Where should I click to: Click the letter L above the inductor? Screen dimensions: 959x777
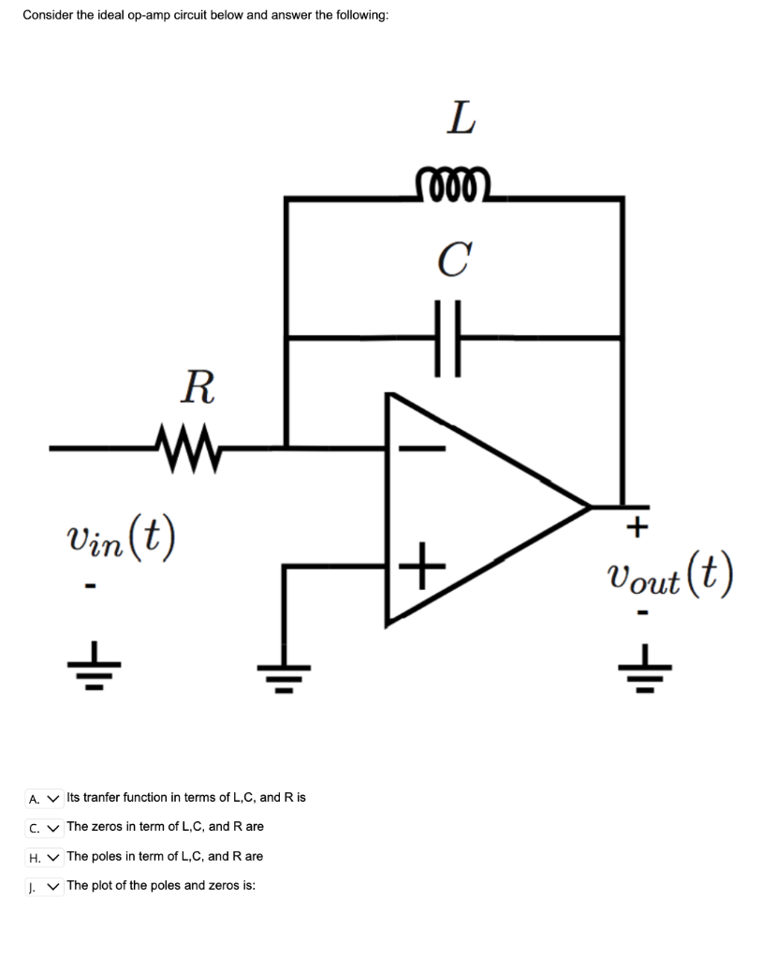point(460,119)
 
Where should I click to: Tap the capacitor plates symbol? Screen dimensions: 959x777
point(447,337)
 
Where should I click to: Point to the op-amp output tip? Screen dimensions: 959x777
point(590,507)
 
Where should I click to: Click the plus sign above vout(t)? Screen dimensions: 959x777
point(637,528)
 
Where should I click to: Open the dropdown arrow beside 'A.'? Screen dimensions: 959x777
point(52,798)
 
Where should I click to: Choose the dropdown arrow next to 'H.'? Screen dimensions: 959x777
point(52,857)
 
